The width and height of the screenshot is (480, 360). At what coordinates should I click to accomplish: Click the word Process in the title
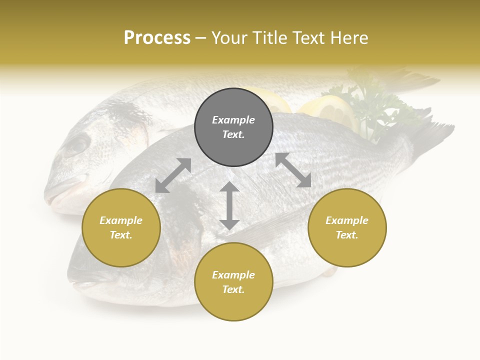point(157,38)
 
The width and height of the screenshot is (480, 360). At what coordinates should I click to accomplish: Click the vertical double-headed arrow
point(229,205)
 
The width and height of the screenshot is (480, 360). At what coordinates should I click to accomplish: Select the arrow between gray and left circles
point(173,175)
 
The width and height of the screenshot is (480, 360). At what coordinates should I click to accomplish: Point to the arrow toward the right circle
point(293,170)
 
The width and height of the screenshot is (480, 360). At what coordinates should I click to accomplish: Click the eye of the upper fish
point(78,145)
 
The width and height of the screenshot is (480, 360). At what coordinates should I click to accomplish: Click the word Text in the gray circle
point(233,134)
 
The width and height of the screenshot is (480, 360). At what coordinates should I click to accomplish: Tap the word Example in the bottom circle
point(233,275)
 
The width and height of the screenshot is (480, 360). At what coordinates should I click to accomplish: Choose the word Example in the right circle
point(347,220)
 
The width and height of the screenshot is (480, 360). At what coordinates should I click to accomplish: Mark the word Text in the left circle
point(121,235)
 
